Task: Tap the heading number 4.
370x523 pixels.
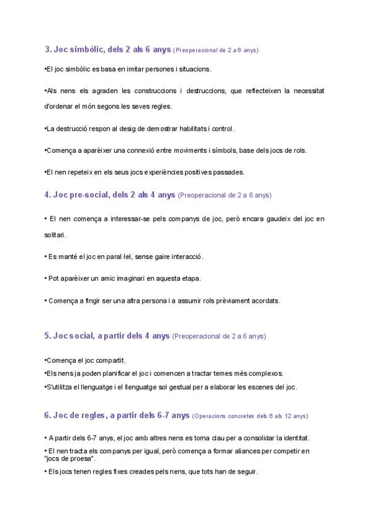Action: (47, 195)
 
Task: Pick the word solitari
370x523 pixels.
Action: (55, 235)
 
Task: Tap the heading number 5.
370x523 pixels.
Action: (47, 336)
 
